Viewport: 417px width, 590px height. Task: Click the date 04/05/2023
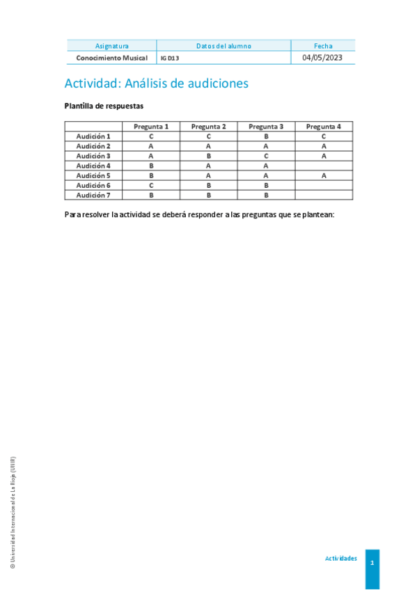tap(322, 58)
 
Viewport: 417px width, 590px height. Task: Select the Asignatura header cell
tap(111, 46)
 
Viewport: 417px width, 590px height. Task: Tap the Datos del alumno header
tap(223, 46)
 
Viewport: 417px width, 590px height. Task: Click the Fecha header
tap(323, 46)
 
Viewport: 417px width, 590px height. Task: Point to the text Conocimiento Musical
tap(111, 58)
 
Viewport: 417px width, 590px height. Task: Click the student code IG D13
tap(169, 58)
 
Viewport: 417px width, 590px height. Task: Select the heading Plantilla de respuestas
tap(104, 106)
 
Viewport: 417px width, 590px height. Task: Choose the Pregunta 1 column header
tap(151, 127)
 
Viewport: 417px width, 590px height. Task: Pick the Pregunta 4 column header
tap(324, 127)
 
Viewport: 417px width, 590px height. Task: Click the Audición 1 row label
tap(93, 136)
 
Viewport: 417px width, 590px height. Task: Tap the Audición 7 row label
tap(93, 196)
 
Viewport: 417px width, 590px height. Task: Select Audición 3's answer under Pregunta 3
tap(266, 156)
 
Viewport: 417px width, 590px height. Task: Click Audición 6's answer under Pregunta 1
tap(151, 186)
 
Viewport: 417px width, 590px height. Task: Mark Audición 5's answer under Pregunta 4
tap(324, 176)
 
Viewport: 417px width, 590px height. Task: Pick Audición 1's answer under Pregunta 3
tap(266, 136)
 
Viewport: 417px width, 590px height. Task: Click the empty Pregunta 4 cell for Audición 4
tap(324, 166)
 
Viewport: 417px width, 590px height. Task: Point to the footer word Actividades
tap(341, 559)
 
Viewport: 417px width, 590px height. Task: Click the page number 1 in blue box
tap(372, 562)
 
